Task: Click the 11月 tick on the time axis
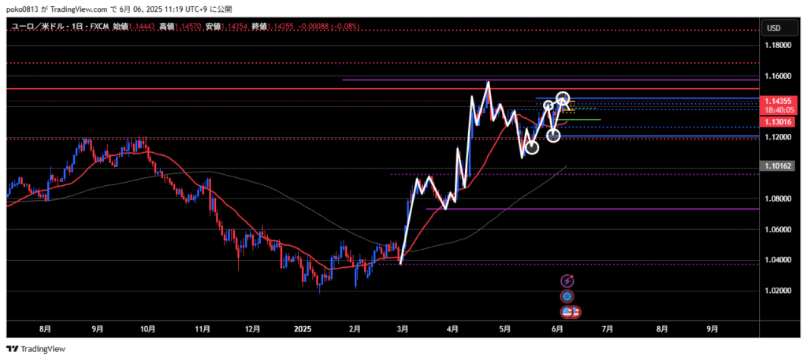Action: coord(203,330)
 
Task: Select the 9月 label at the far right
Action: coord(712,330)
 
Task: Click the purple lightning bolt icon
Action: coord(567,280)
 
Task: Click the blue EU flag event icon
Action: coord(567,296)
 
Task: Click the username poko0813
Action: coord(21,7)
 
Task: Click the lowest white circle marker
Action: coord(532,147)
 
